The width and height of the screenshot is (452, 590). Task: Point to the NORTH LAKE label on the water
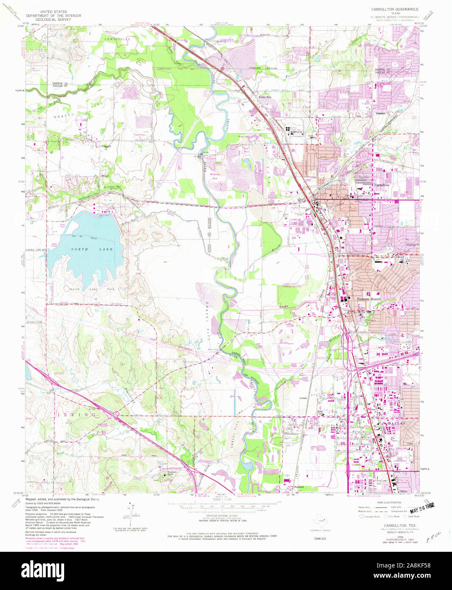point(86,250)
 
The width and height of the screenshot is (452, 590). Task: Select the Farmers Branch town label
point(369,299)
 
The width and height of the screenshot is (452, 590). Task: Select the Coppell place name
point(106,146)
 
